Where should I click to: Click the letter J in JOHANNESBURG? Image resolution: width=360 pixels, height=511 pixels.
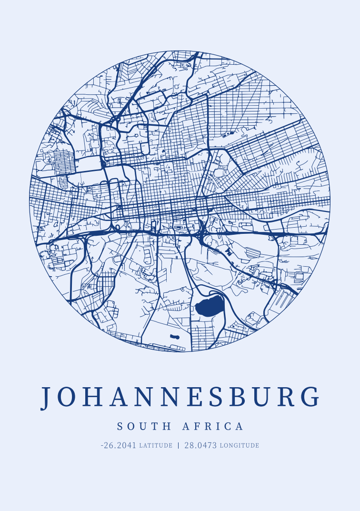pos(46,397)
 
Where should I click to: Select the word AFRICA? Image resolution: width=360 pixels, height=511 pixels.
pos(213,426)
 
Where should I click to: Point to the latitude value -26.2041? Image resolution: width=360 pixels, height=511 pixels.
pos(119,446)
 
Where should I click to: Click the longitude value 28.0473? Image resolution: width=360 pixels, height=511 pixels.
pos(200,446)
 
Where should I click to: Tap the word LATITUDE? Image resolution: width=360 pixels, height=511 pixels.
pos(156,446)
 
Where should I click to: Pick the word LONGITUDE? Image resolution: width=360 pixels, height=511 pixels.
pos(239,446)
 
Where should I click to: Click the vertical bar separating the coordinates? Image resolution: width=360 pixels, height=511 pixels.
pos(179,446)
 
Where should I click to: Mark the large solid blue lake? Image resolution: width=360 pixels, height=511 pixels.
pos(209,306)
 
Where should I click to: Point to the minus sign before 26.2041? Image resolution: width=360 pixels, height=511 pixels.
pos(102,446)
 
